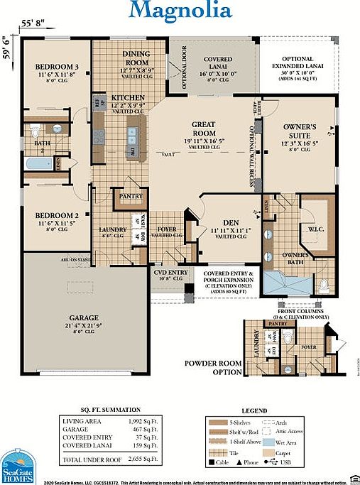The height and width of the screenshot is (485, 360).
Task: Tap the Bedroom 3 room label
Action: [x=56, y=68]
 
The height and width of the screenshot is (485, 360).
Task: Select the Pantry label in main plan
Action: [x=131, y=196]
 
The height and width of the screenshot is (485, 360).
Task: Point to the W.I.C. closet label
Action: [x=316, y=229]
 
